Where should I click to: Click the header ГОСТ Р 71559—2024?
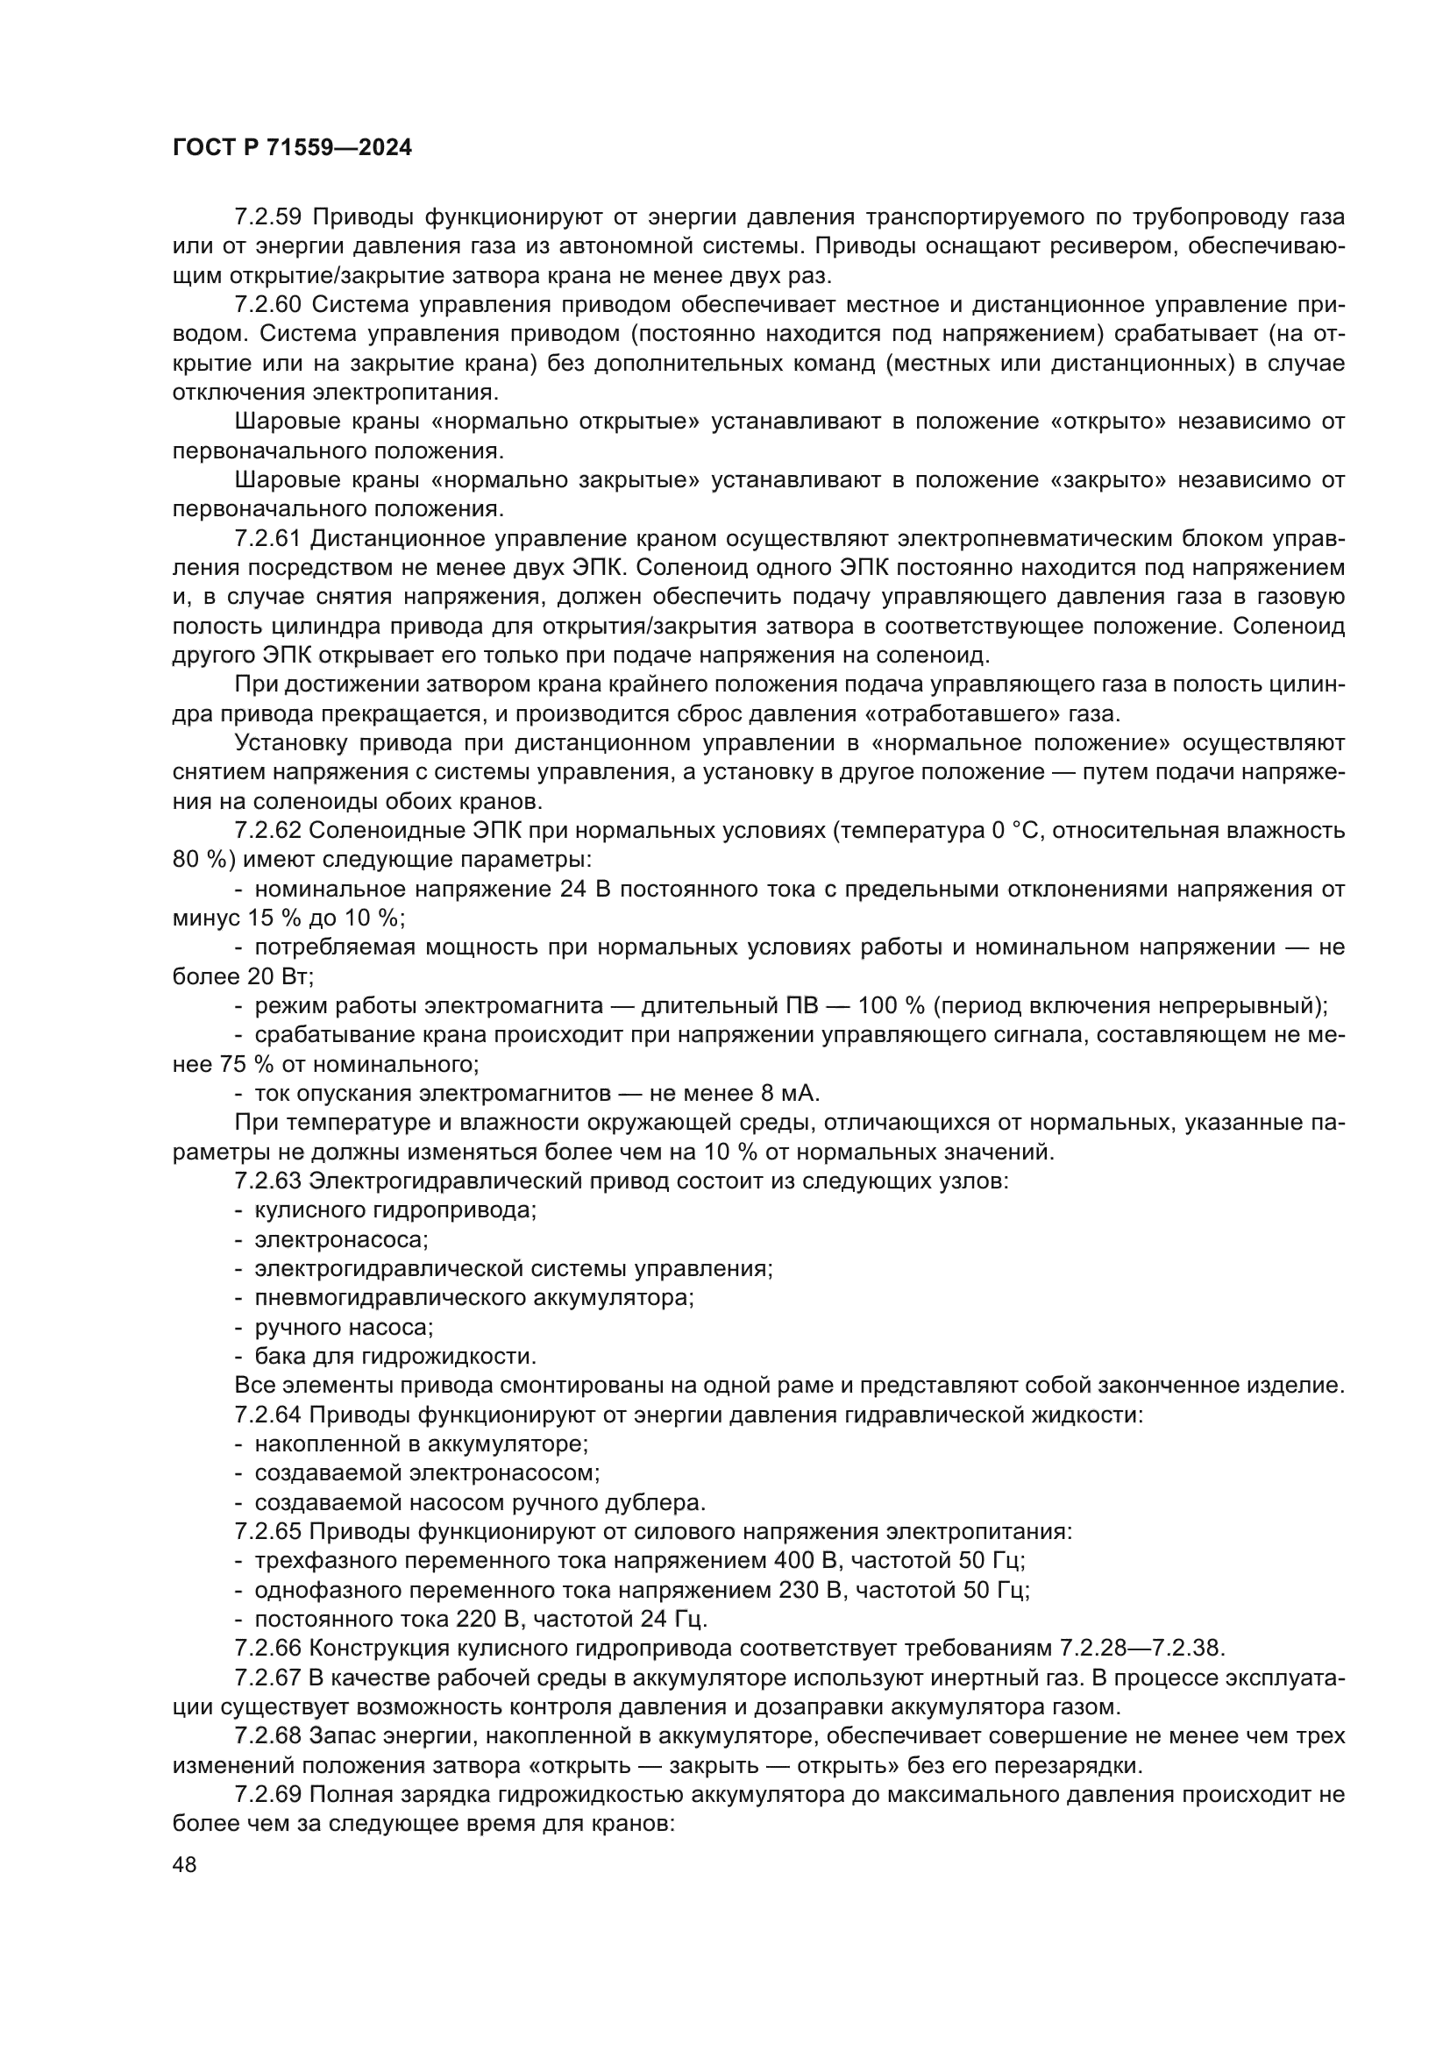point(292,148)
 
